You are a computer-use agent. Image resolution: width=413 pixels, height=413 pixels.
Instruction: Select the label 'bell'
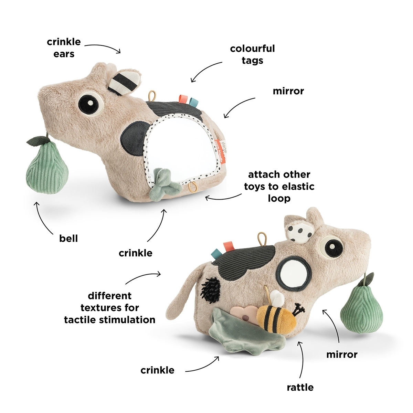pos(68,239)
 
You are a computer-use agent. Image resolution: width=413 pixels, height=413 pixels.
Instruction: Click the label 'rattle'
pos(300,387)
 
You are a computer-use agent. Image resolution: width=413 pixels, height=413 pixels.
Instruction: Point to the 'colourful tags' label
pos(252,54)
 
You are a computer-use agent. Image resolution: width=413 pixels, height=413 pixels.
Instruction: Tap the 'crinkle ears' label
pos(64,48)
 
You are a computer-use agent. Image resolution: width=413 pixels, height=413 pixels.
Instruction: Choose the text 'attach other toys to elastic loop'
pos(279,187)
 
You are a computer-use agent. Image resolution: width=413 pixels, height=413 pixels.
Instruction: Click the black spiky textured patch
pos(210,289)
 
